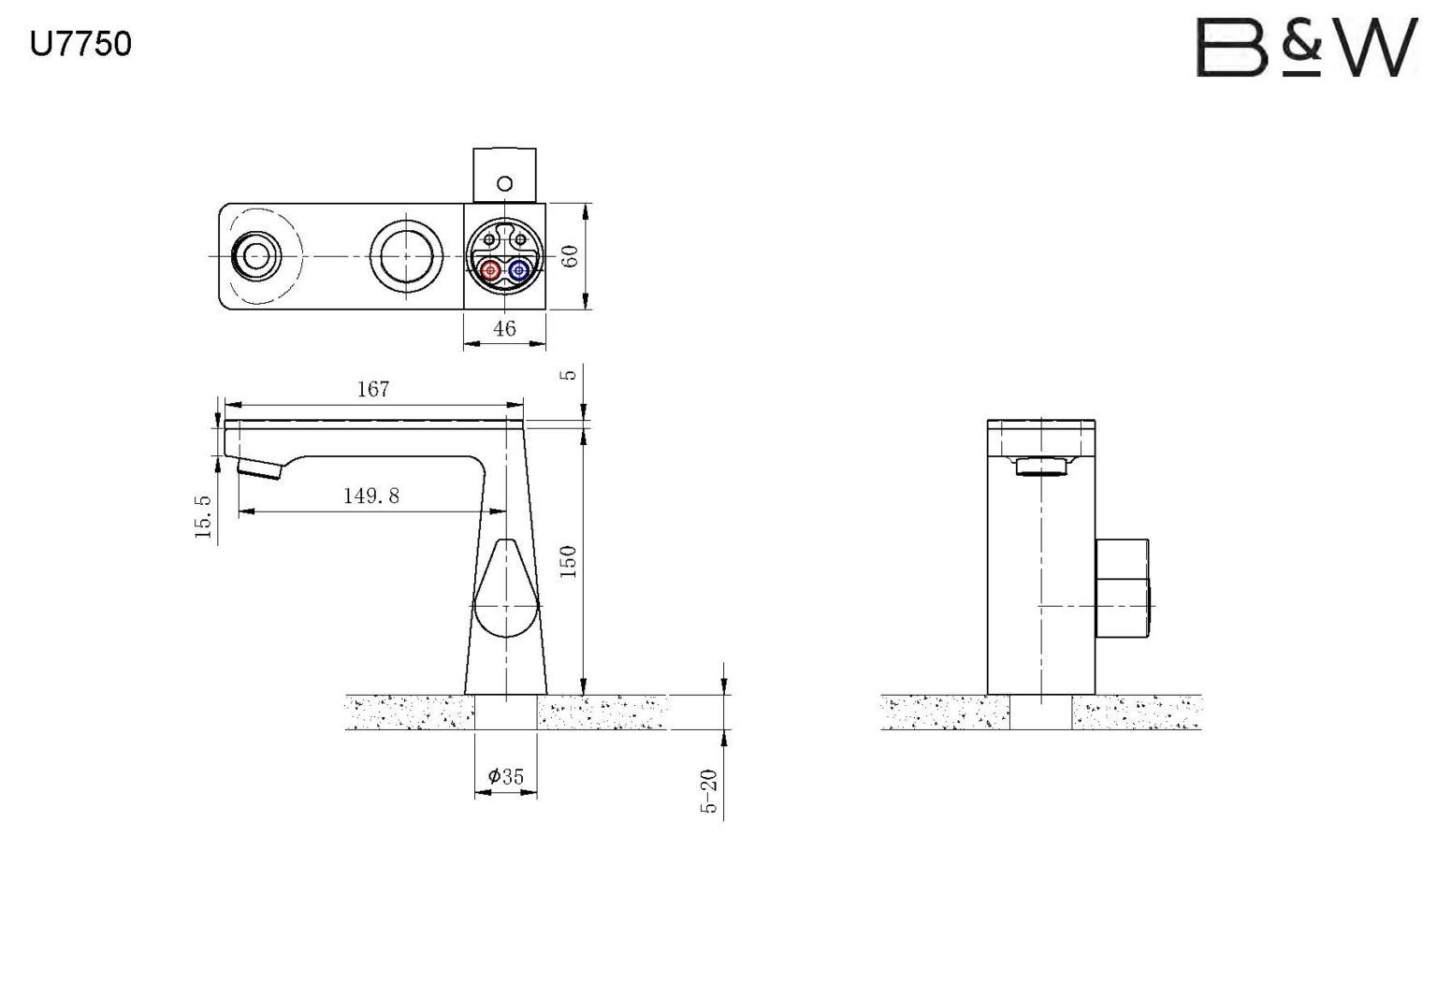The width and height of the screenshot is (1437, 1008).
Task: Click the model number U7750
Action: pos(80,44)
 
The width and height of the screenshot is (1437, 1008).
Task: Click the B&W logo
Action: pos(1307,48)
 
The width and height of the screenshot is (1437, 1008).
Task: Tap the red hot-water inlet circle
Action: pos(491,270)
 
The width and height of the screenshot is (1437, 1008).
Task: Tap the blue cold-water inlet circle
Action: pos(518,270)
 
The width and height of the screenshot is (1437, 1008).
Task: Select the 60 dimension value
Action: pos(570,256)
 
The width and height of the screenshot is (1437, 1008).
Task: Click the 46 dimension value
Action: pos(504,328)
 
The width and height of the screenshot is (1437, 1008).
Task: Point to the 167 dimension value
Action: pos(372,389)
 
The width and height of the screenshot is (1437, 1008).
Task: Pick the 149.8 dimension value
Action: pos(371,495)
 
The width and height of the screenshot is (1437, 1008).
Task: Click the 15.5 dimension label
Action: pos(203,516)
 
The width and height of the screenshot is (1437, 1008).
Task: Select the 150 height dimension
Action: pos(569,562)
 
